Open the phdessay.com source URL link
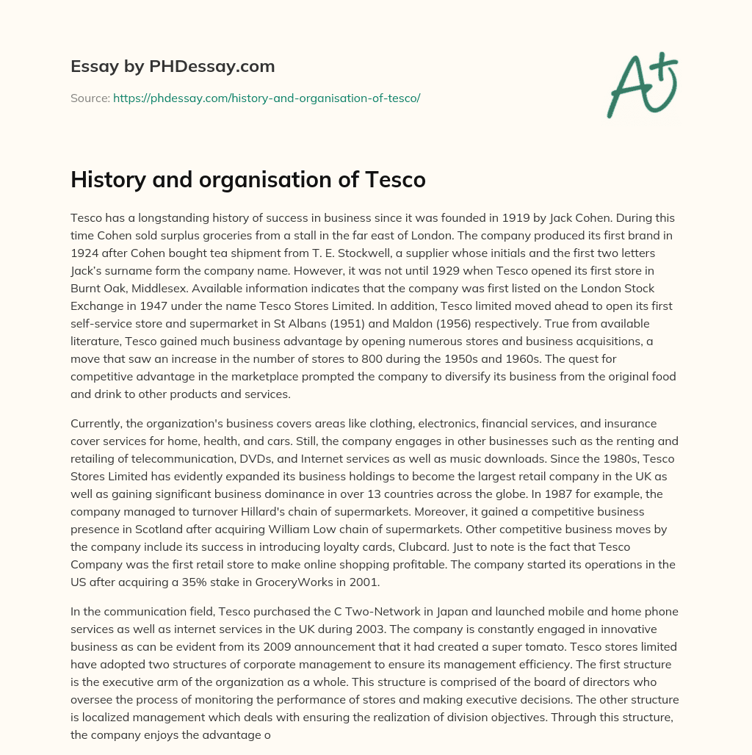pos(267,98)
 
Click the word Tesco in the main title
pos(395,180)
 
